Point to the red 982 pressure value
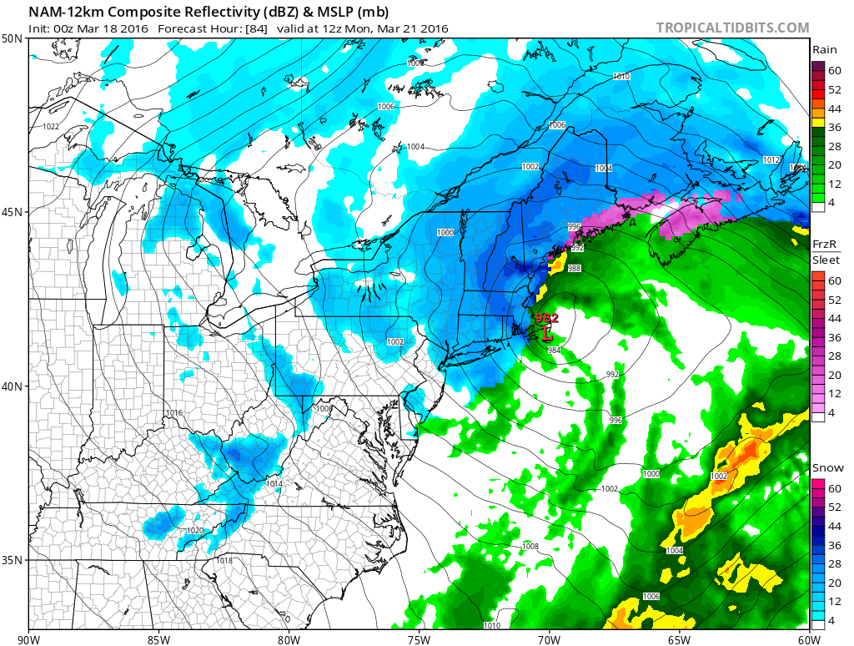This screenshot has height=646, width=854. click(547, 318)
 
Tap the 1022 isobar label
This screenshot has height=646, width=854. click(51, 126)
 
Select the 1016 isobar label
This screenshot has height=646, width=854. click(173, 413)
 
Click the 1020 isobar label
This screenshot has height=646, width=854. click(195, 530)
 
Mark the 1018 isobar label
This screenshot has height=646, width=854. click(224, 560)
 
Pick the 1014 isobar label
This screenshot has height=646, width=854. click(274, 484)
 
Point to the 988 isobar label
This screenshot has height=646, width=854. click(575, 268)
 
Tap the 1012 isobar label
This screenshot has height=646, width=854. click(771, 159)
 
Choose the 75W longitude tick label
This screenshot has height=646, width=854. click(419, 640)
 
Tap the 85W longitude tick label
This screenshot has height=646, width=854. click(158, 640)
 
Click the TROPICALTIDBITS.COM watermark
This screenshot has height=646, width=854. click(732, 28)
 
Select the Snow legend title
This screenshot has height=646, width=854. click(827, 468)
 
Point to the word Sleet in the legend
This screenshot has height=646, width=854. click(826, 260)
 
